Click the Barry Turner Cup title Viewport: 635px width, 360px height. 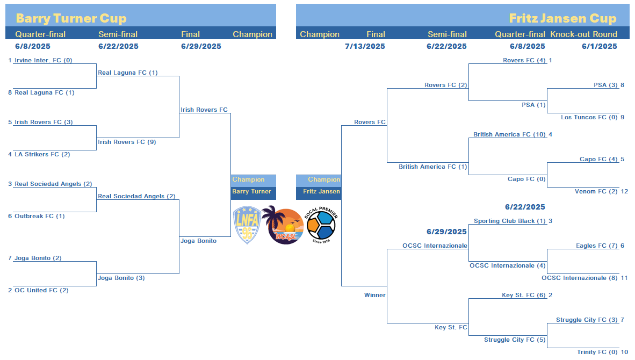pyautogui.click(x=71, y=18)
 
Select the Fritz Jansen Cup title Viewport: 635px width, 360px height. pyautogui.click(x=562, y=18)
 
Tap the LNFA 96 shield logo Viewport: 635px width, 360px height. pyautogui.click(x=247, y=225)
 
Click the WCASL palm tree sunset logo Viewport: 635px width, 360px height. pyautogui.click(x=283, y=225)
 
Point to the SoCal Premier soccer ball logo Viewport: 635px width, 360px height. pyautogui.click(x=321, y=225)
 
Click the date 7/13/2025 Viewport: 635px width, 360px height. pyautogui.click(x=365, y=46)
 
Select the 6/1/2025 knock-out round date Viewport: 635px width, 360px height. pyautogui.click(x=600, y=46)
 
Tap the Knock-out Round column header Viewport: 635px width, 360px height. pyautogui.click(x=584, y=34)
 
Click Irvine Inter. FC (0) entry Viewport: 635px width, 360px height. pyautogui.click(x=44, y=60)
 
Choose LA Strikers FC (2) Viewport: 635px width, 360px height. pyautogui.click(x=42, y=154)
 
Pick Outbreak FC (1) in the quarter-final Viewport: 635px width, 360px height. pyautogui.click(x=40, y=216)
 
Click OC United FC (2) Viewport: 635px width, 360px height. pyautogui.click(x=41, y=290)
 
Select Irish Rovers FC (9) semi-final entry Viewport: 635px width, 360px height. pyautogui.click(x=127, y=142)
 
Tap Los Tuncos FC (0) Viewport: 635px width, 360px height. pyautogui.click(x=589, y=118)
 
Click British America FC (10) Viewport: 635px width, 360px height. pyautogui.click(x=509, y=134)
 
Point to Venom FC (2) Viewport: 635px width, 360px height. pyautogui.click(x=596, y=191)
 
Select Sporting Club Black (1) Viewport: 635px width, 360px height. pyautogui.click(x=510, y=221)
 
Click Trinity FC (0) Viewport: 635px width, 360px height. pyautogui.click(x=597, y=352)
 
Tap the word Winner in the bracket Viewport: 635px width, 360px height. pyautogui.click(x=374, y=295)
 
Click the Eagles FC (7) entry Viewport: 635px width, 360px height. pyautogui.click(x=597, y=246)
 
